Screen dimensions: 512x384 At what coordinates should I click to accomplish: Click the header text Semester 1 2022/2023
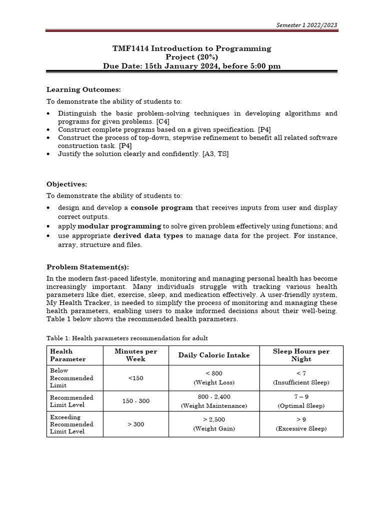tap(306, 25)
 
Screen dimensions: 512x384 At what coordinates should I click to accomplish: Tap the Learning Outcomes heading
tap(83, 89)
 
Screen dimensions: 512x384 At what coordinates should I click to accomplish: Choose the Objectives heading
tap(67, 183)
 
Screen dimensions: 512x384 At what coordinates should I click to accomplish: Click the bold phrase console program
tap(161, 207)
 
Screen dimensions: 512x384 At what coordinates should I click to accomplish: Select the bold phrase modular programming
tap(119, 226)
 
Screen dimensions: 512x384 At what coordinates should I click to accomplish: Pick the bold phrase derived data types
tap(148, 235)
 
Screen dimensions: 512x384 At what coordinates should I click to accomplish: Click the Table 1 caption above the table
tap(127, 338)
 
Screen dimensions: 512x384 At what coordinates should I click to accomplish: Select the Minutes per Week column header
tap(135, 355)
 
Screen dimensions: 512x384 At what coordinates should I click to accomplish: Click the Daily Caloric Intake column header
tap(214, 355)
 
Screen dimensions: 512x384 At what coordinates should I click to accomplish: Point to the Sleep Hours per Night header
tap(300, 355)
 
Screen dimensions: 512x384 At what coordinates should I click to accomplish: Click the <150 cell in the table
tap(135, 378)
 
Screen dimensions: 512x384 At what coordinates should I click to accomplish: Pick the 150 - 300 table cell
tap(135, 401)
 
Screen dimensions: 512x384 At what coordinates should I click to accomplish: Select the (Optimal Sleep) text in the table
tap(300, 405)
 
